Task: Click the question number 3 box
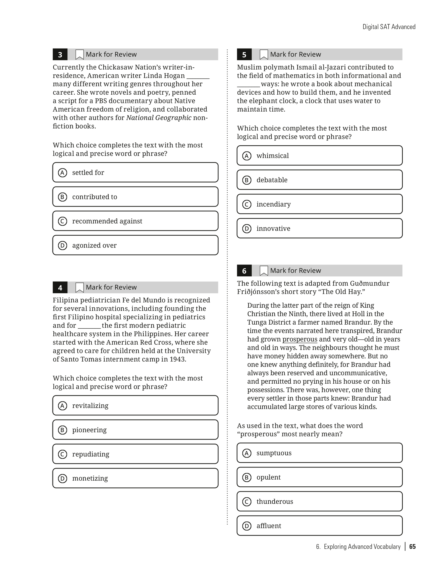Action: pyautogui.click(x=60, y=54)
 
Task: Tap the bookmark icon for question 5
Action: pyautogui.click(x=263, y=54)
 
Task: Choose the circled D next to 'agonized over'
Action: pyautogui.click(x=63, y=245)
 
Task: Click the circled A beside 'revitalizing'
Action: pyautogui.click(x=63, y=405)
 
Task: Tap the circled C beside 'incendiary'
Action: pyautogui.click(x=247, y=204)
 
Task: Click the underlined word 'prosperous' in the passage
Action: pyautogui.click(x=300, y=339)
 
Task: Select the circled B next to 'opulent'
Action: pyautogui.click(x=247, y=477)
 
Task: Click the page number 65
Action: pyautogui.click(x=412, y=546)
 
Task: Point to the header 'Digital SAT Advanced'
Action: pyautogui.click(x=389, y=27)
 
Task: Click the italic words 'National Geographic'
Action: pyautogui.click(x=159, y=118)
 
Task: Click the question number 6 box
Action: pyautogui.click(x=244, y=271)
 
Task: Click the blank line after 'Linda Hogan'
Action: pyautogui.click(x=198, y=76)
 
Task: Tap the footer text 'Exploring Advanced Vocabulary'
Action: pyautogui.click(x=362, y=546)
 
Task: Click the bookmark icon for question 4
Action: pyautogui.click(x=79, y=287)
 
